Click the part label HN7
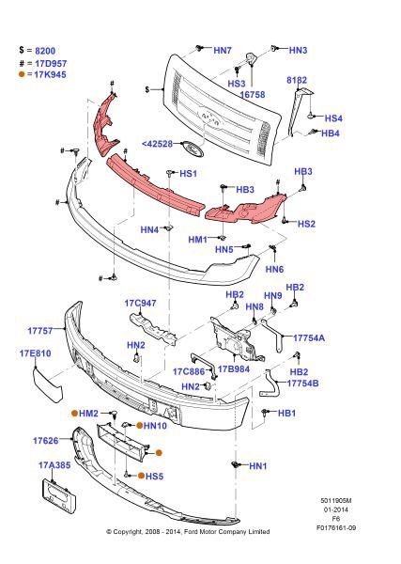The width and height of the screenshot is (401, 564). pyautogui.click(x=223, y=49)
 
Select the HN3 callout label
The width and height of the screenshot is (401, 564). pyautogui.click(x=298, y=49)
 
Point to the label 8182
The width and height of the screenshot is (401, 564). pyautogui.click(x=297, y=81)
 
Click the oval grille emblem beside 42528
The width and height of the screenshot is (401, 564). pyautogui.click(x=193, y=148)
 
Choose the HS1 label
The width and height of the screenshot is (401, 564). pyautogui.click(x=188, y=174)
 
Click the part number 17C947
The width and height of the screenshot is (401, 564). pyautogui.click(x=140, y=304)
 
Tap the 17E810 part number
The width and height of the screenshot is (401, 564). pyautogui.click(x=35, y=353)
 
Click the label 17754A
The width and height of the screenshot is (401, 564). pyautogui.click(x=309, y=337)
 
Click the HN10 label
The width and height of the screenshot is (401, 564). pyautogui.click(x=155, y=426)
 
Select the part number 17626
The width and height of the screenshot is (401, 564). pyautogui.click(x=47, y=440)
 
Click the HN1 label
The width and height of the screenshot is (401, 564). pyautogui.click(x=257, y=466)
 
